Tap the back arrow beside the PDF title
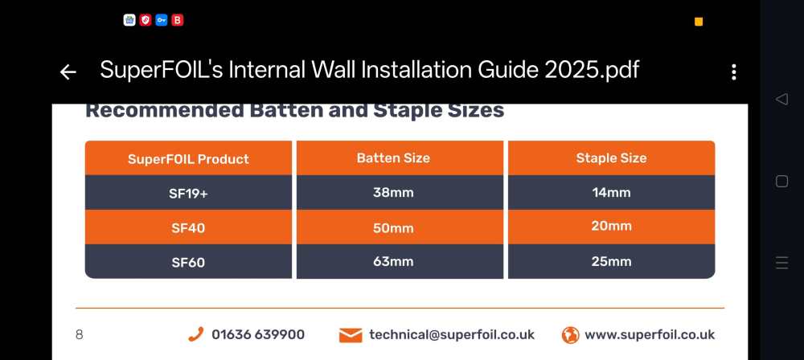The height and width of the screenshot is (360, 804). point(68,72)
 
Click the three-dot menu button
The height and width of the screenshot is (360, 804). point(734,72)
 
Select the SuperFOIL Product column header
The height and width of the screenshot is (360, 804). point(188,158)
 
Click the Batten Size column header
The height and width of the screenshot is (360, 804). point(393,158)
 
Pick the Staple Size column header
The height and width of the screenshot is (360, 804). point(611,158)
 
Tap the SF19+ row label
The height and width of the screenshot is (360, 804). point(188,194)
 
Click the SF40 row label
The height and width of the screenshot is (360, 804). point(188,227)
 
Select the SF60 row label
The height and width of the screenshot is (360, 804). point(188,262)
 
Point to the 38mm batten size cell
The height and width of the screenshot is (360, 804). point(393,193)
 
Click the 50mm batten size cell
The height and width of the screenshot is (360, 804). point(393,227)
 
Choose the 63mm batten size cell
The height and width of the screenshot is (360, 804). point(393,261)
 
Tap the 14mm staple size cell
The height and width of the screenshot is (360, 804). point(611,193)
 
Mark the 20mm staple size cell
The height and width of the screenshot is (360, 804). point(611,226)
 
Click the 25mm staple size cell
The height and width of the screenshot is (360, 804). point(611,261)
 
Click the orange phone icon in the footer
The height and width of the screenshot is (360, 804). point(196,334)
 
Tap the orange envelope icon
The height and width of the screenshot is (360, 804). point(351,335)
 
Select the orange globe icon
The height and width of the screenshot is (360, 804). point(570,335)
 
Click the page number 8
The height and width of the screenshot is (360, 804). point(79,335)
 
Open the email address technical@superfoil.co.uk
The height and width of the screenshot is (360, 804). point(452,335)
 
